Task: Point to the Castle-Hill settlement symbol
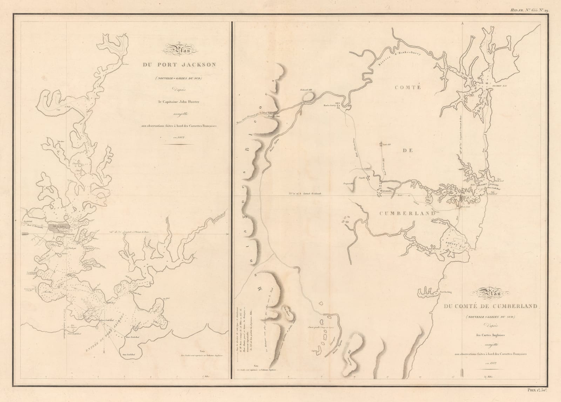pyautogui.click(x=381, y=143)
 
